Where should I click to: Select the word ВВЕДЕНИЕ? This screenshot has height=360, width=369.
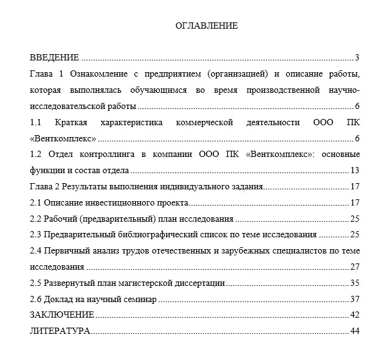point(54,58)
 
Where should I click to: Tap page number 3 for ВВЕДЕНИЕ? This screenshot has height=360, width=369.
point(357,58)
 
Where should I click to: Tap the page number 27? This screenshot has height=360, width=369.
point(355,267)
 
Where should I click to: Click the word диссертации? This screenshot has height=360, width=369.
point(198,283)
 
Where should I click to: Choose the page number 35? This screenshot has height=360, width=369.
point(355,283)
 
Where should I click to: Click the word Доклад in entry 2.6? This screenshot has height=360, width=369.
point(58,300)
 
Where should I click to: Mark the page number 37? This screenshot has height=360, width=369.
point(355,300)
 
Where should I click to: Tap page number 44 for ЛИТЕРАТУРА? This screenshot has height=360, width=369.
point(355,331)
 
